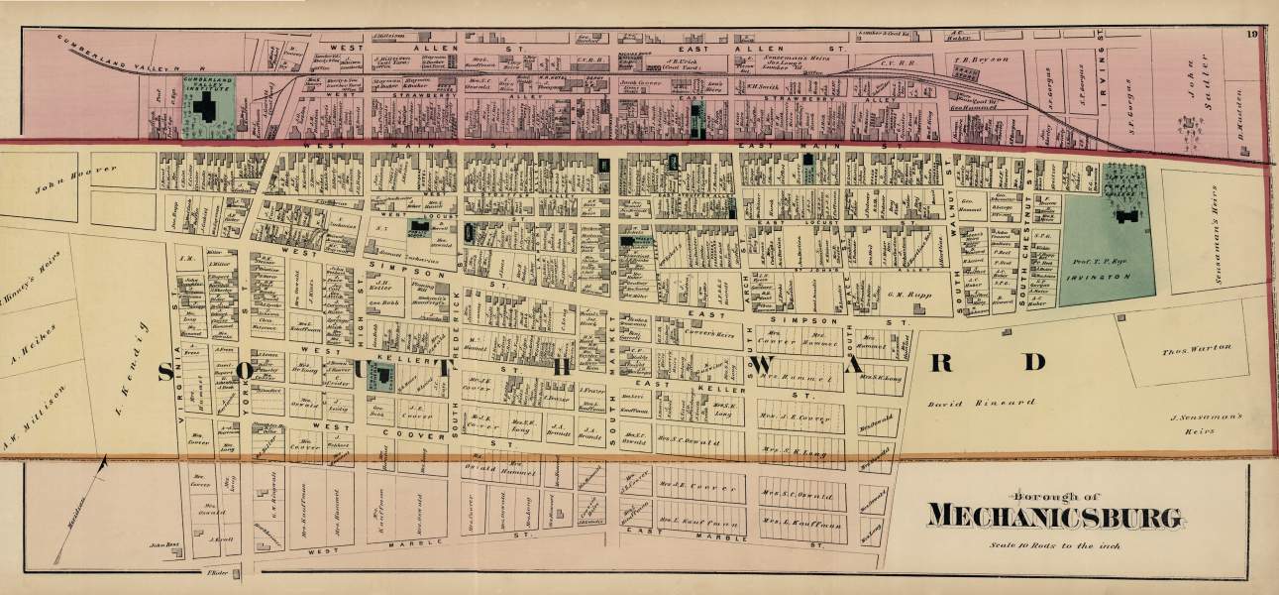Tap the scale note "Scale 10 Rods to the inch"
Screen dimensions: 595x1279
(1054, 543)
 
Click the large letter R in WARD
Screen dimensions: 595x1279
(944, 362)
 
